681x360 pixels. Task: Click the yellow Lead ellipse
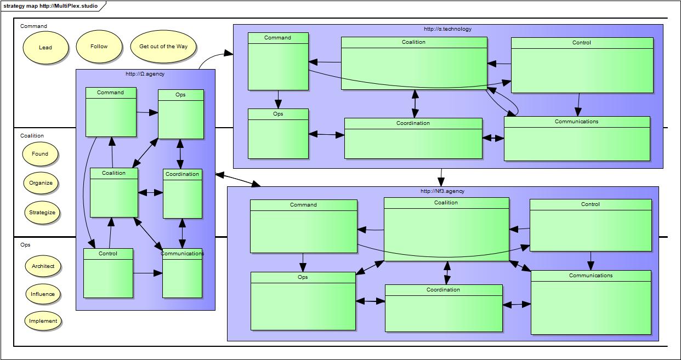pos(46,47)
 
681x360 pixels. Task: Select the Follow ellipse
pos(99,47)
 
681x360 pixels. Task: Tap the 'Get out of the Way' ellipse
pos(163,47)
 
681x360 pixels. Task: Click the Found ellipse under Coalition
pos(40,154)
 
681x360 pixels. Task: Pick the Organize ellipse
pos(41,183)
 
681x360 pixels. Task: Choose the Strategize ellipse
pos(42,213)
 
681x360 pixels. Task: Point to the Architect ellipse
pos(43,266)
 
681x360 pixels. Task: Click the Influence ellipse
pos(43,294)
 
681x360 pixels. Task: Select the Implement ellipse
pos(43,321)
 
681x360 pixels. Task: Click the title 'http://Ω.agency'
pos(145,74)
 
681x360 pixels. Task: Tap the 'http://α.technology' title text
pos(447,29)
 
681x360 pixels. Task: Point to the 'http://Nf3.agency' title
pos(442,191)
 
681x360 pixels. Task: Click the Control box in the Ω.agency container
pos(108,273)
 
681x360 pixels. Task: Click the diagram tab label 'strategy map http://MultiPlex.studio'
pos(50,6)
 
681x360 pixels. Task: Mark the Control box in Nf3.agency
pos(591,225)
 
